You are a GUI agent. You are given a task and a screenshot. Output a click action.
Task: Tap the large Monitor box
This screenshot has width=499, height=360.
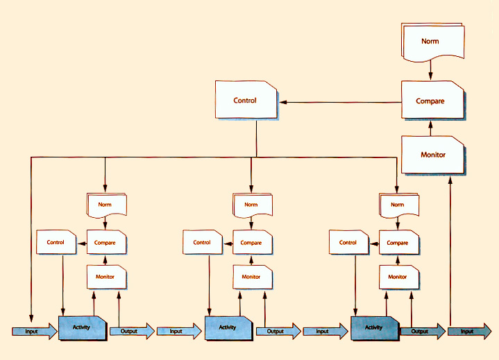(x=432, y=154)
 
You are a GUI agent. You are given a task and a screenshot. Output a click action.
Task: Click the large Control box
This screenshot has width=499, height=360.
(x=246, y=101)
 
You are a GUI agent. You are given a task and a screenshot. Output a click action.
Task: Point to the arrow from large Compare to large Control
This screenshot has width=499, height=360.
(x=340, y=102)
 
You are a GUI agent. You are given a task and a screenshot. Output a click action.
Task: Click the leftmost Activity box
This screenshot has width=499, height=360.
(x=82, y=327)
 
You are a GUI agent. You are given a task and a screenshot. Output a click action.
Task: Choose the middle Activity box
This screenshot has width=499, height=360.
(x=228, y=327)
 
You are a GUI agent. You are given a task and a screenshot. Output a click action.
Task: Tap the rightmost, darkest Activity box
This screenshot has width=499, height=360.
(x=374, y=327)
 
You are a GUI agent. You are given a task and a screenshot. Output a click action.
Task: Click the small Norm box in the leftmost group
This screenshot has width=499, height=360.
(x=105, y=205)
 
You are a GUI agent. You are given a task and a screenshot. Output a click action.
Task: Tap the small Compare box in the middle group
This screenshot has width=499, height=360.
(x=251, y=243)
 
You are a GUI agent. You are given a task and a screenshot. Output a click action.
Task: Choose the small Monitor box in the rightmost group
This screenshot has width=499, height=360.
(x=398, y=277)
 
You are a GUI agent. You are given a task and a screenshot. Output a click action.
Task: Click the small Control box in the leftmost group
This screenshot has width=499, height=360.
(x=56, y=243)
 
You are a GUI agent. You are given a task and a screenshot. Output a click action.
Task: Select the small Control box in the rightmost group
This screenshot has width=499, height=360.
(x=348, y=243)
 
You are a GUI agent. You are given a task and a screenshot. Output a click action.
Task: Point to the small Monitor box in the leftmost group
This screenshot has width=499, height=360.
(x=105, y=277)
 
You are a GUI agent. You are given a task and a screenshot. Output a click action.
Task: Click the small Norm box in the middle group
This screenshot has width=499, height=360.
(x=251, y=205)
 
